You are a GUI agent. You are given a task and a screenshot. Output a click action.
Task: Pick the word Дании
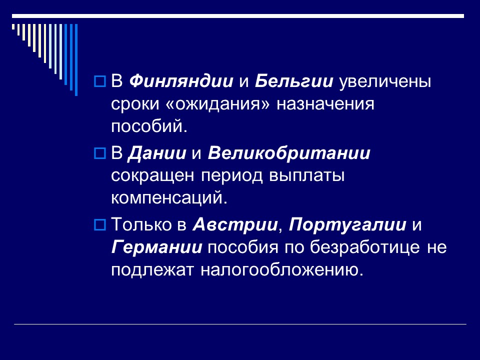click(157, 152)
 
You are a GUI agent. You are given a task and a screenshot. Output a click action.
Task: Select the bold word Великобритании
click(289, 152)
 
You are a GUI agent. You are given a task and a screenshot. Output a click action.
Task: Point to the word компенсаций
click(169, 198)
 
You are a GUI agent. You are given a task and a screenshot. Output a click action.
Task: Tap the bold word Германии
click(157, 247)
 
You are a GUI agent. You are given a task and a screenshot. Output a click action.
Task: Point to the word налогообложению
click(280, 270)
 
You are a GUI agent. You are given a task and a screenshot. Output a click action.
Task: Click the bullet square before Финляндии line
click(99, 80)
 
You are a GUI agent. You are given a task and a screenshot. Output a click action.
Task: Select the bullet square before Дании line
click(99, 151)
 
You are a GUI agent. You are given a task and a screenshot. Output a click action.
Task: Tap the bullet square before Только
click(99, 223)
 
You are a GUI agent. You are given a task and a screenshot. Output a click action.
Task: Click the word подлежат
click(153, 270)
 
